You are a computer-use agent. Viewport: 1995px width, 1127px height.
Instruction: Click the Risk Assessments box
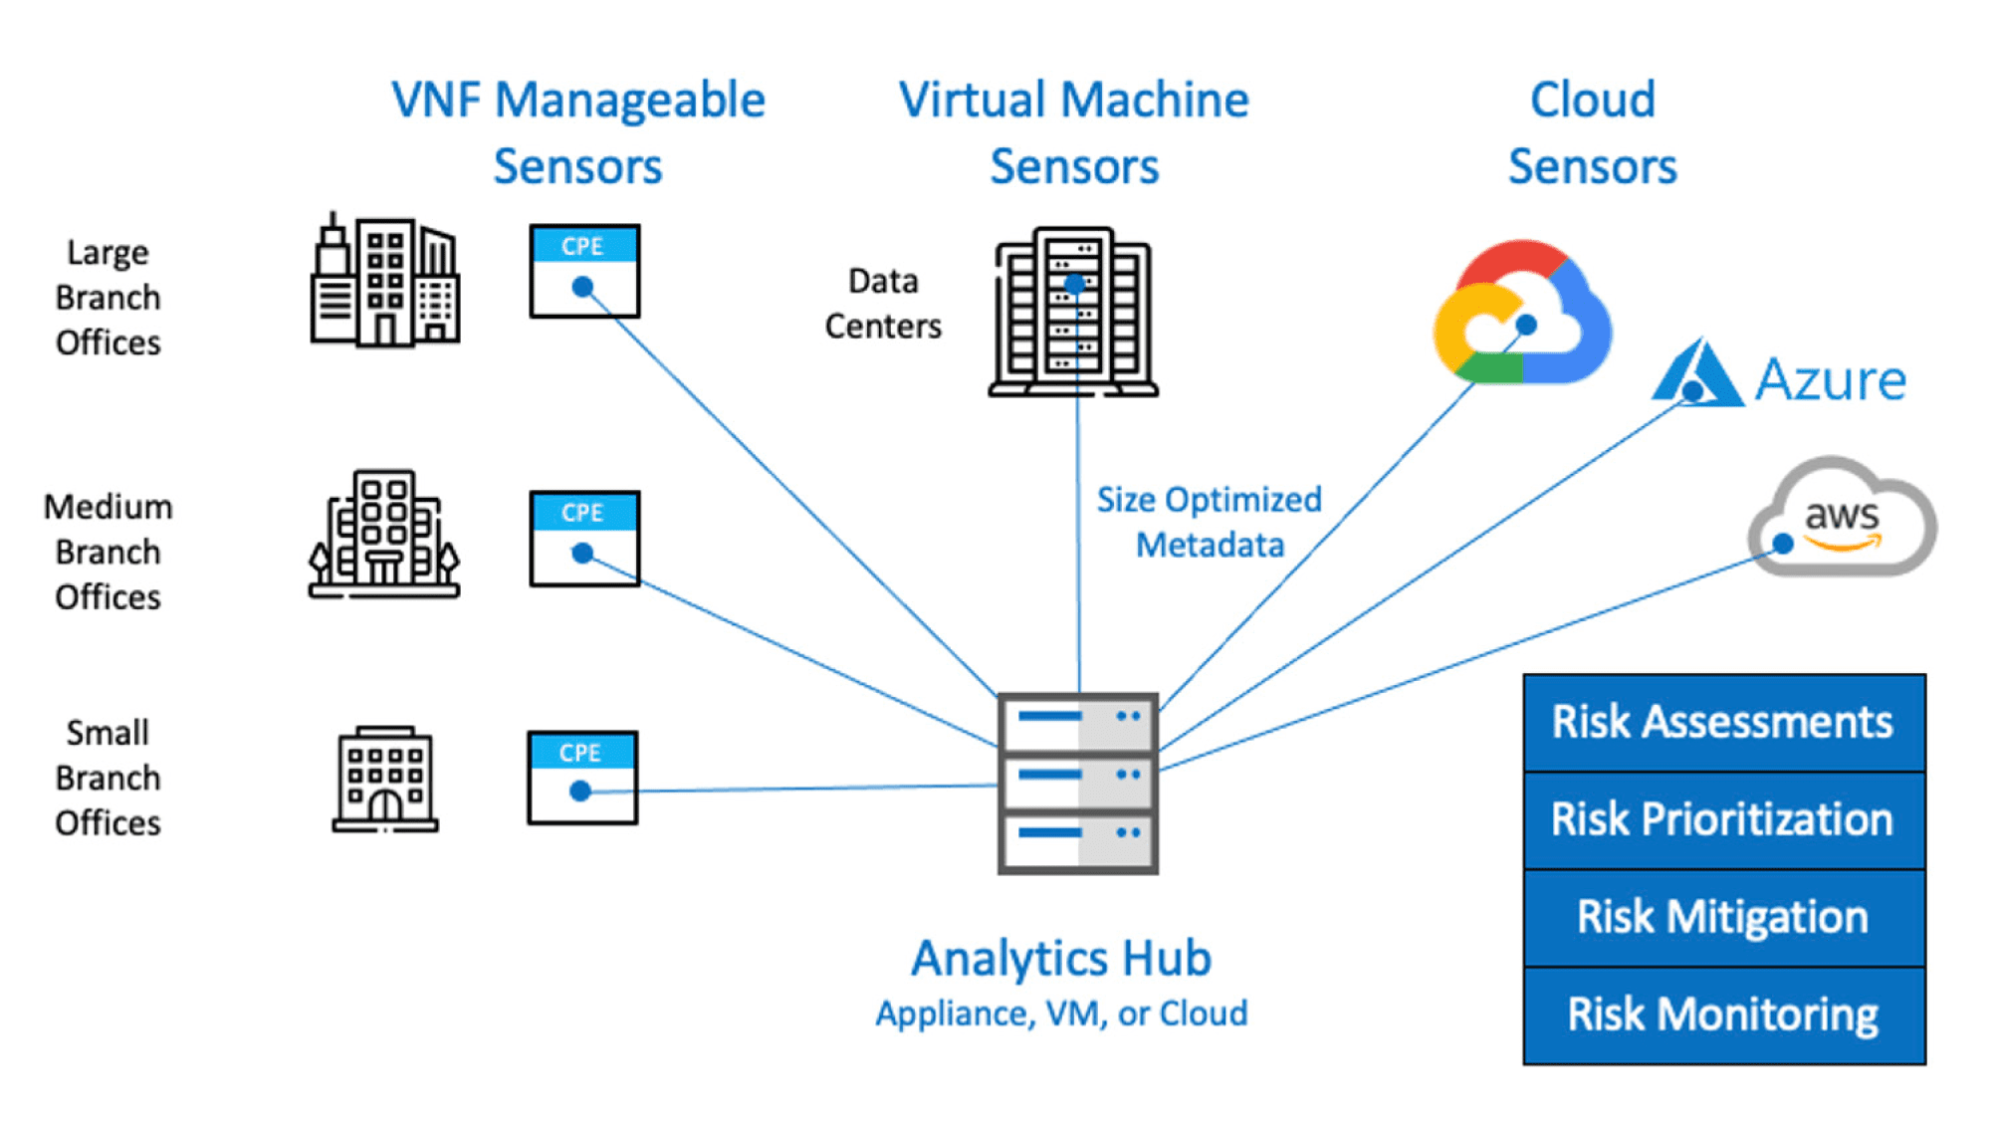pos(1723,722)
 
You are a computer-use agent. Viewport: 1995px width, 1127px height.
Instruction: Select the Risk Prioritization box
pos(1723,819)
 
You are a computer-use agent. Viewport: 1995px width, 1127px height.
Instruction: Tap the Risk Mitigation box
pos(1723,916)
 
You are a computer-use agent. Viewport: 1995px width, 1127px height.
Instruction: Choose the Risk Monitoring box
pos(1723,1014)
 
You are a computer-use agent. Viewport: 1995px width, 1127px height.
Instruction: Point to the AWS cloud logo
pos(1842,518)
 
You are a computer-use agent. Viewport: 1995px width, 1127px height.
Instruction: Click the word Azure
pos(1830,379)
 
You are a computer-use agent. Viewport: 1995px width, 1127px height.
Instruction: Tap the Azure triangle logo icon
pos(1697,375)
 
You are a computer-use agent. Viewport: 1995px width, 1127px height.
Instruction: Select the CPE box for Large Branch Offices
pos(584,271)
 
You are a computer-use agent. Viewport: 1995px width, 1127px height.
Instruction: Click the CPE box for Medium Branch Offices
pos(584,538)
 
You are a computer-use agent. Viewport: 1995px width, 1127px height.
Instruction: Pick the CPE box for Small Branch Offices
pos(582,778)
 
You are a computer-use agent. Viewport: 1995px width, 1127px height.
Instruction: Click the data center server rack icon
pos(1074,312)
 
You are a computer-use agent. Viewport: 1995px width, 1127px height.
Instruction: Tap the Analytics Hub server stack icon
pos(1078,784)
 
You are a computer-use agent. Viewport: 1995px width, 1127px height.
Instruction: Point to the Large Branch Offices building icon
pos(384,282)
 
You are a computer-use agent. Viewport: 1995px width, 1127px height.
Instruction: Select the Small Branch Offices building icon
pos(385,779)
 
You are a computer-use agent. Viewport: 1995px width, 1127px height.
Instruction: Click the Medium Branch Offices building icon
pos(384,535)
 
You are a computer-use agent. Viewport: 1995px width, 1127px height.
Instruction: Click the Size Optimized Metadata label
pos(1210,522)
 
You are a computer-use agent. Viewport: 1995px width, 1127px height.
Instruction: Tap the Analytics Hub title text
pos(1061,958)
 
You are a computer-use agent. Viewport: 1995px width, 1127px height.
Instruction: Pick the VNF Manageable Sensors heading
pos(578,132)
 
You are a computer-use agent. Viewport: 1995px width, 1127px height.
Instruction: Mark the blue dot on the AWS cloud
pos(1783,544)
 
